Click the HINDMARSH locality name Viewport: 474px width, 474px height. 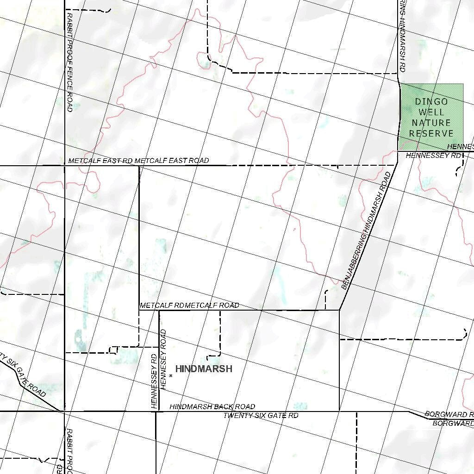[204, 369]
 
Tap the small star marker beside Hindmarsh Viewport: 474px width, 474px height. [171, 375]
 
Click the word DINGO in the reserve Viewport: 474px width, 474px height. [431, 102]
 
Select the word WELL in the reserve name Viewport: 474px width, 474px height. [431, 112]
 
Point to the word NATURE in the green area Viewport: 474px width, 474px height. [431, 123]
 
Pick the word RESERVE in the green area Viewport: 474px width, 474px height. [431, 133]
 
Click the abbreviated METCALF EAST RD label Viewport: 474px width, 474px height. [101, 161]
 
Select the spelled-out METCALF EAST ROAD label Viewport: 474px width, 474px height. [172, 161]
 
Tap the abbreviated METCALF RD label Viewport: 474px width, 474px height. [164, 306]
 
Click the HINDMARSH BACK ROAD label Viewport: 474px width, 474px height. [212, 407]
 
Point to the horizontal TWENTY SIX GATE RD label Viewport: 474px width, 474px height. [261, 416]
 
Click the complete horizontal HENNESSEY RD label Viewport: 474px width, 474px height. [434, 156]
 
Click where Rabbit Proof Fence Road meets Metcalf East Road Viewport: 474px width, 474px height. [64, 165]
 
